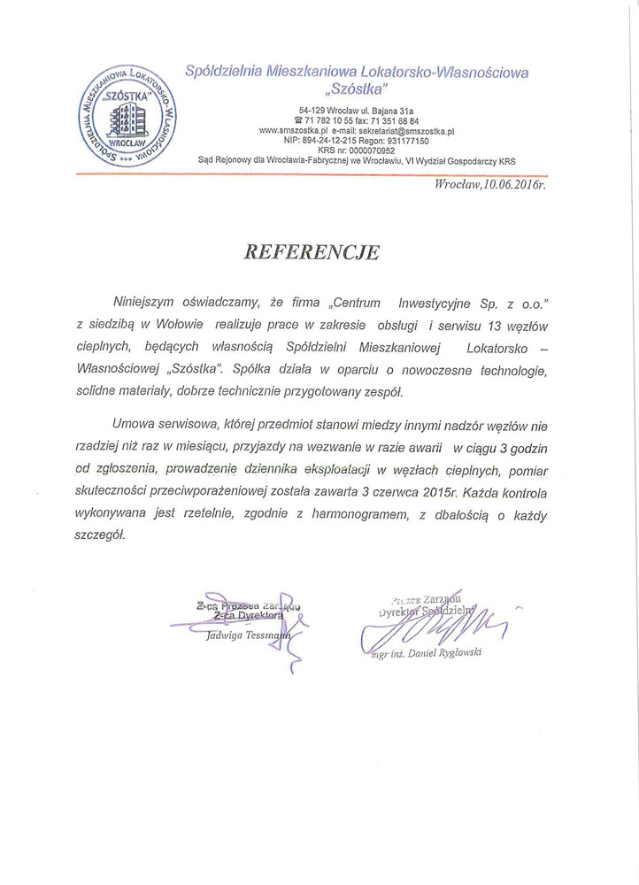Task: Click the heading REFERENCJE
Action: click(312, 252)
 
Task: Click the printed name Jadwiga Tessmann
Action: click(245, 635)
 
